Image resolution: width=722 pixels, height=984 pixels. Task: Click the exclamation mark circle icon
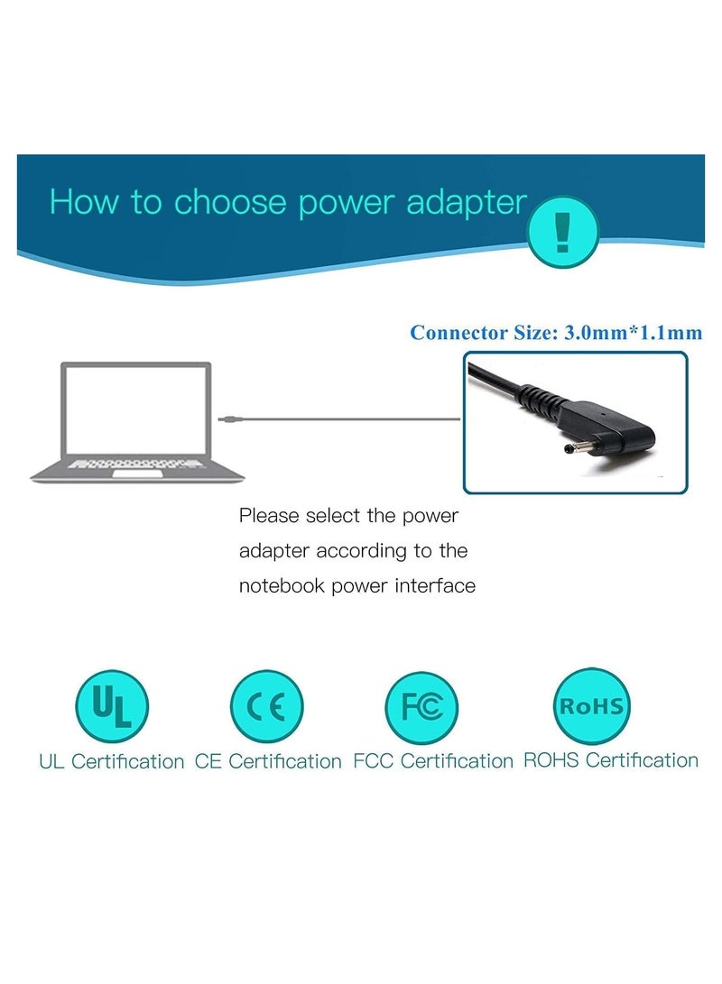pos(563,232)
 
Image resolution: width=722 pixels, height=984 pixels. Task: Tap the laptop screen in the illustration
pos(135,409)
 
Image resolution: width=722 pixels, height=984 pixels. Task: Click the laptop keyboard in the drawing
pos(135,464)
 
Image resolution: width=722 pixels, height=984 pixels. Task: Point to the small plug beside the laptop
pos(228,418)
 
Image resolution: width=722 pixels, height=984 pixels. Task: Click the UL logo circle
pos(111,706)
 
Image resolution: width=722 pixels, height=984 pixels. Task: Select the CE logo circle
pos(266,706)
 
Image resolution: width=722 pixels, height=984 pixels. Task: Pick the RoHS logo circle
pos(591,705)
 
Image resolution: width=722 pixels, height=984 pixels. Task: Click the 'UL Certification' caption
pos(111,761)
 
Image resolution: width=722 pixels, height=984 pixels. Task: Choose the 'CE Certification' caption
pos(268,761)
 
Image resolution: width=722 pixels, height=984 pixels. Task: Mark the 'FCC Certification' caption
pos(433,761)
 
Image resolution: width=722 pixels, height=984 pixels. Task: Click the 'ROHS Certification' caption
pos(611,760)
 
